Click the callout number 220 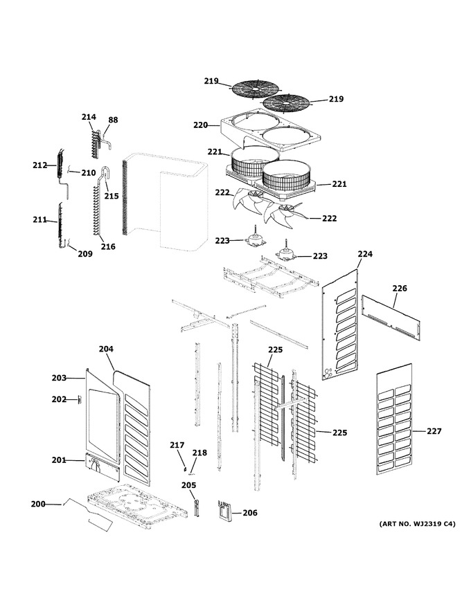click(x=201, y=125)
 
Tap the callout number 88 click(x=113, y=120)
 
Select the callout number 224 click(x=365, y=254)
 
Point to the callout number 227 click(x=434, y=431)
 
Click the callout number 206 click(x=250, y=513)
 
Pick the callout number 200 click(x=38, y=505)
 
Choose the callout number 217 click(x=177, y=445)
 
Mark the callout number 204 click(x=106, y=349)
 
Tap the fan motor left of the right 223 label click(x=285, y=253)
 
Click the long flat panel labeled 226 click(x=391, y=318)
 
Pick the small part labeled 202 click(x=80, y=399)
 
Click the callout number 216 click(x=108, y=246)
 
